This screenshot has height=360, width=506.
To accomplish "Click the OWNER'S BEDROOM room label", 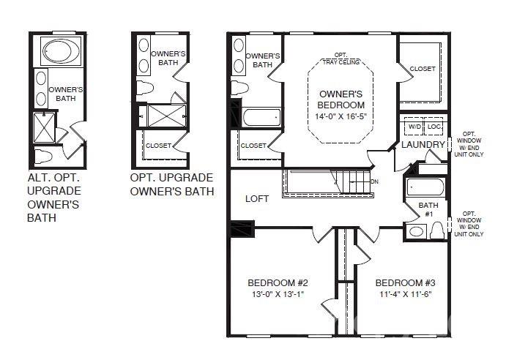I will pyautogui.click(x=341, y=100).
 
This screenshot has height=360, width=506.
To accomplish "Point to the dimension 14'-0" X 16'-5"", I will pyautogui.click(x=341, y=116).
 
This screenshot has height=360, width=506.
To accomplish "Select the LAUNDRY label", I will pyautogui.click(x=423, y=145).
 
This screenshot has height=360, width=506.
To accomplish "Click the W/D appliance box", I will pyautogui.click(x=414, y=127).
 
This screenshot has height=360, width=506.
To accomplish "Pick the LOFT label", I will pyautogui.click(x=257, y=198).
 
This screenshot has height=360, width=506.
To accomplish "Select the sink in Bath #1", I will pyautogui.click(x=417, y=231).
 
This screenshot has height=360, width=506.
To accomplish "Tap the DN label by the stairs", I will pyautogui.click(x=374, y=181).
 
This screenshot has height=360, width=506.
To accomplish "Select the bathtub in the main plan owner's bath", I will pyautogui.click(x=261, y=117).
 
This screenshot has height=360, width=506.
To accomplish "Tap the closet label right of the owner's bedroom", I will pyautogui.click(x=422, y=69).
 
